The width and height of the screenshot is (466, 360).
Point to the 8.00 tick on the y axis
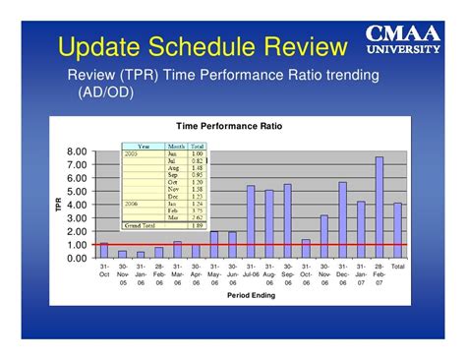pyautogui.click(x=77, y=152)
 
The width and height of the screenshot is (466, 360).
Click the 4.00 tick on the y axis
pyautogui.click(x=77, y=205)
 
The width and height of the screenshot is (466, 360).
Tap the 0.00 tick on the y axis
pyautogui.click(x=77, y=258)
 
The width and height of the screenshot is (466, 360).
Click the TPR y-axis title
pyautogui.click(x=58, y=205)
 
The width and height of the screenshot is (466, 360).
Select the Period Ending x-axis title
pyautogui.click(x=251, y=294)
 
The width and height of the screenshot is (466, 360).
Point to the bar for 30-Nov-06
pyautogui.click(x=323, y=236)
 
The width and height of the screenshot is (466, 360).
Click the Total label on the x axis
pyautogui.click(x=397, y=267)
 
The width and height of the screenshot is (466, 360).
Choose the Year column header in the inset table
pyautogui.click(x=144, y=146)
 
